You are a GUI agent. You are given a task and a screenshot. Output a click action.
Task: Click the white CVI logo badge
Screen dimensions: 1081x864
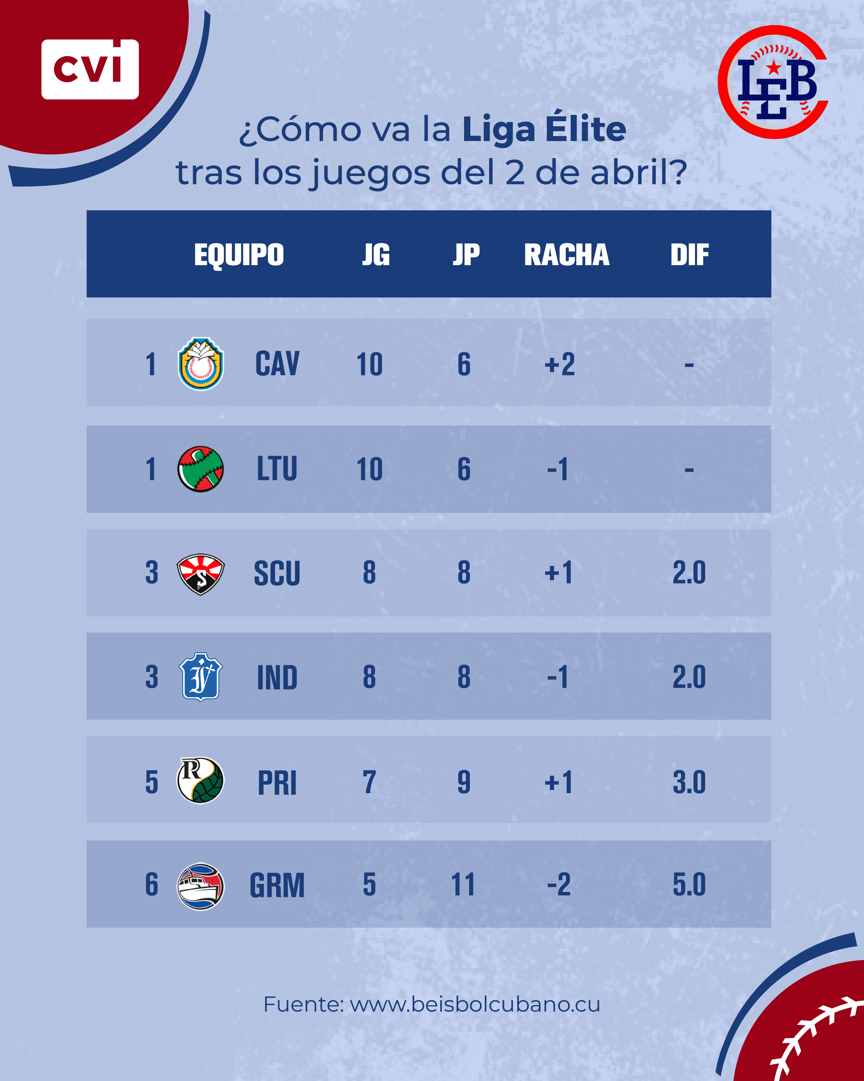(x=90, y=69)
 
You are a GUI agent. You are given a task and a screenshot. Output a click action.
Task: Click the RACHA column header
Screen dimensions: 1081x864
(x=567, y=255)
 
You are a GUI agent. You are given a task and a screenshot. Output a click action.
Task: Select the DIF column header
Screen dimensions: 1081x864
(x=690, y=255)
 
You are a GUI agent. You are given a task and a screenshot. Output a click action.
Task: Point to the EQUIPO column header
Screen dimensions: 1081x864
(x=239, y=255)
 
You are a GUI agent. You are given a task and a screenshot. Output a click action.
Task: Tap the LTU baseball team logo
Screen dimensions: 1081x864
(x=200, y=469)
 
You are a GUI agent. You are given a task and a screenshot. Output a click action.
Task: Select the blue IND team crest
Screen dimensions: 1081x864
(x=200, y=677)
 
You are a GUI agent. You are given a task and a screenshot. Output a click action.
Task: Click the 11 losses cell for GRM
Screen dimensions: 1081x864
(x=463, y=885)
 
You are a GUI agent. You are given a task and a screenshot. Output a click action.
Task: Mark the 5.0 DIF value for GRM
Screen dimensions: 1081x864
(x=689, y=885)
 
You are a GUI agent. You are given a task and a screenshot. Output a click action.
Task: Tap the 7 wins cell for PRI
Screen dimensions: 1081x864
(x=369, y=782)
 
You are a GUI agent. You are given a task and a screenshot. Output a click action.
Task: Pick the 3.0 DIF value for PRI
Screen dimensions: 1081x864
(x=689, y=782)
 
